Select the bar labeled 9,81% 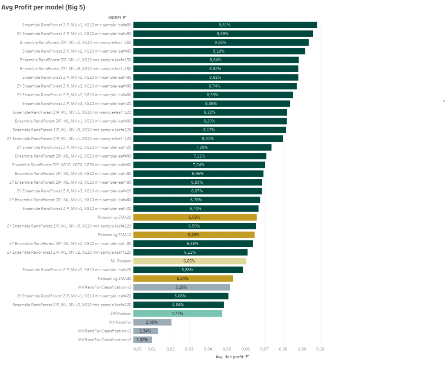225,25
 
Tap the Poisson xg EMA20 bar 194,217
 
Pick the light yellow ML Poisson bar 189,261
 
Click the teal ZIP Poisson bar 177,313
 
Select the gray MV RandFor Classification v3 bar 181,287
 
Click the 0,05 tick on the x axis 226,349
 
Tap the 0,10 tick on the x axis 320,349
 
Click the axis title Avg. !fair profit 229,357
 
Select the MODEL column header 115,17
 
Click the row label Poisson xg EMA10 115,235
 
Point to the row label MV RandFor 120,322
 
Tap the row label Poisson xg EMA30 115,279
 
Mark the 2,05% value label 151,322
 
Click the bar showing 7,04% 199,165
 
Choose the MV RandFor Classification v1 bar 145,331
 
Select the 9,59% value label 223,34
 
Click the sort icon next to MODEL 125,17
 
